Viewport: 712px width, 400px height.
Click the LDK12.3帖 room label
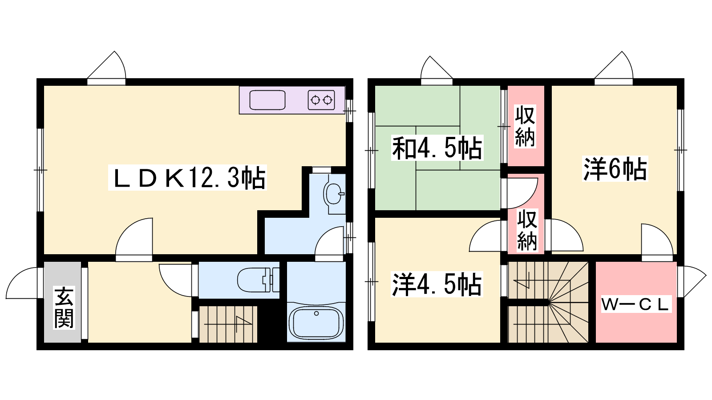187,177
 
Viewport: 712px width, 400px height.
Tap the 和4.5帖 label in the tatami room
437,148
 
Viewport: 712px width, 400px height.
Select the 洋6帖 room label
615,169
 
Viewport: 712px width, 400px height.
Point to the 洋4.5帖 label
437,284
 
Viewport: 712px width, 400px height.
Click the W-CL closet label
636,304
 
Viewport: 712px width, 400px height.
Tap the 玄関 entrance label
64,308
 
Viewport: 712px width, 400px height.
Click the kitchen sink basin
267,100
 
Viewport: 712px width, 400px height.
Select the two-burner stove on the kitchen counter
321,100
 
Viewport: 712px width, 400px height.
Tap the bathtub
316,323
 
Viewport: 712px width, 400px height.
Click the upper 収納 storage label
525,126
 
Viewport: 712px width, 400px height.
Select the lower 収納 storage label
527,230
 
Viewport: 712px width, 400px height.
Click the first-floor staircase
227,324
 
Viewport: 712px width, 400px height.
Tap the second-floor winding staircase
548,302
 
